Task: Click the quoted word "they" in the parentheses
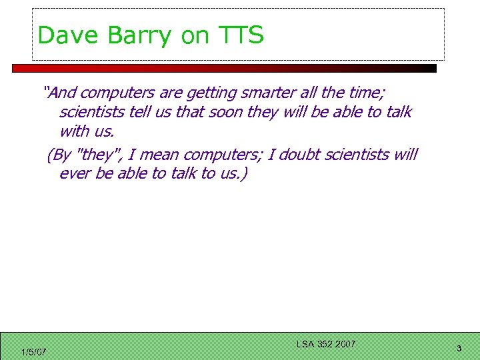point(95,155)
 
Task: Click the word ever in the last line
point(74,174)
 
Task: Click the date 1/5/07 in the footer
point(33,351)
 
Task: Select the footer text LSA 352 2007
point(326,344)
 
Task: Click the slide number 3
point(459,348)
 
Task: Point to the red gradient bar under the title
point(224,68)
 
